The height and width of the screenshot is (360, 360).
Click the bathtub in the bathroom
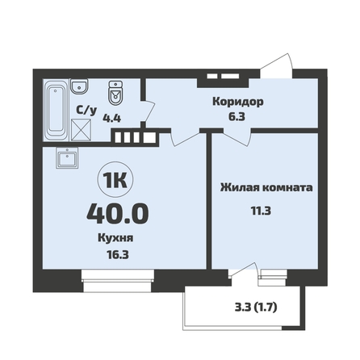coord(56,110)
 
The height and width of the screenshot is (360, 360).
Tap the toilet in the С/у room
coord(115,93)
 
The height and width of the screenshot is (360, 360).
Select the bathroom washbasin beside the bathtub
coord(79,86)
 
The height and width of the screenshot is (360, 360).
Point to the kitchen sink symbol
coord(67,158)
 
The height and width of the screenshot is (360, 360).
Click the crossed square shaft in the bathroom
coord(82,130)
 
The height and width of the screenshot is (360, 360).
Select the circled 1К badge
coord(115,180)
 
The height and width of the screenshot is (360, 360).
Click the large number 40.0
coord(118,213)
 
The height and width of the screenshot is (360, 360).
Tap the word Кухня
coord(115,238)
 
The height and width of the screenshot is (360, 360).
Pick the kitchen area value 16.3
coord(118,254)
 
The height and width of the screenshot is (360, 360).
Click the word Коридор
coord(238,102)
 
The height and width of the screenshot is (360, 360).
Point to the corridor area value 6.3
coord(237,117)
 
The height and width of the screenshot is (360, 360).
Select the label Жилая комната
coord(266,187)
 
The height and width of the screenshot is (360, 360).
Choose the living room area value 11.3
coord(261,211)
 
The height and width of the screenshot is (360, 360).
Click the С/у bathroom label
coord(86,110)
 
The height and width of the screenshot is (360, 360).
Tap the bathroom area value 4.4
coord(112,118)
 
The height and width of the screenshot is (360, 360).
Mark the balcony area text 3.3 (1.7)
coord(256,308)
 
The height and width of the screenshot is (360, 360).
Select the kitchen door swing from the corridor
coord(184,139)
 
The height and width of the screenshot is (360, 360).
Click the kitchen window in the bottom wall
coord(118,281)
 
